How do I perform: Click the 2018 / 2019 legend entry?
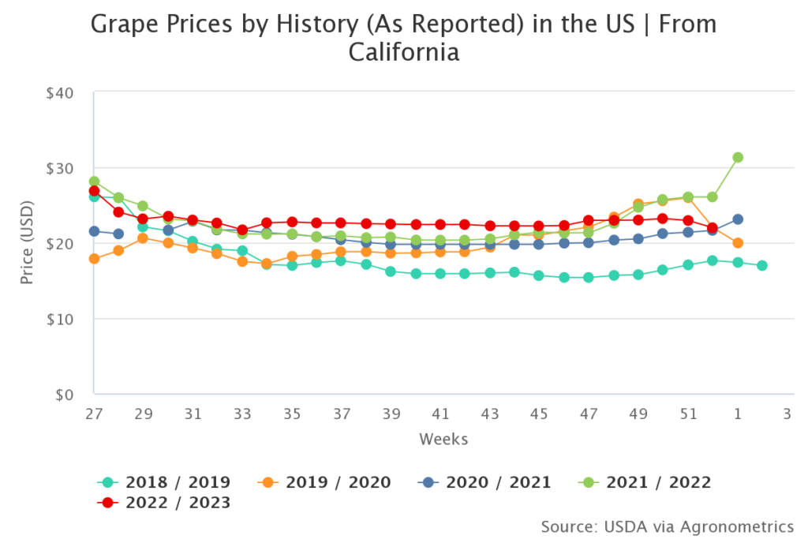163,482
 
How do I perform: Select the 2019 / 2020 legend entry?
324,482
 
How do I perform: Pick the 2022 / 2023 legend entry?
163,503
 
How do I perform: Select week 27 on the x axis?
94,413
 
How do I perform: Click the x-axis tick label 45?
540,413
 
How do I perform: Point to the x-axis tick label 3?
787,413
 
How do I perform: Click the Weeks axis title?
443,439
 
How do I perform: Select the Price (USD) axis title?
28,243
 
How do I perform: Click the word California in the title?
403,53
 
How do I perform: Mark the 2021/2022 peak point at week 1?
738,157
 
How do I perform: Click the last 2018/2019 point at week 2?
762,266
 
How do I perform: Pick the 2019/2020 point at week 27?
94,259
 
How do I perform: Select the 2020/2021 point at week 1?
738,219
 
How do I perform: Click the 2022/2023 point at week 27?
94,191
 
